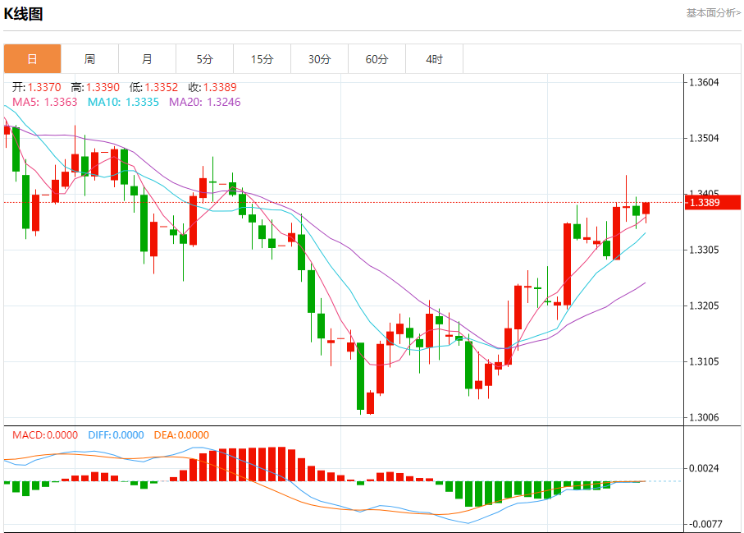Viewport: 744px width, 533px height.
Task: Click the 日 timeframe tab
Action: click(32, 59)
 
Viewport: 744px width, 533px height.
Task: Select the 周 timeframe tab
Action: click(89, 59)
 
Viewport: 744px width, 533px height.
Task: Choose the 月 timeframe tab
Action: click(147, 59)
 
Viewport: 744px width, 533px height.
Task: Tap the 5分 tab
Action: click(204, 59)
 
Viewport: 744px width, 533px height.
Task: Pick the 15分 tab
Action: click(262, 59)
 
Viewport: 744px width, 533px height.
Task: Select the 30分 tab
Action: click(319, 59)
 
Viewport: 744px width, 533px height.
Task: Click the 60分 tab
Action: click(377, 59)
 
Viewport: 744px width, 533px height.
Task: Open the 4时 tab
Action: click(434, 59)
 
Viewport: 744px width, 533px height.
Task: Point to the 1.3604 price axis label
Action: click(704, 82)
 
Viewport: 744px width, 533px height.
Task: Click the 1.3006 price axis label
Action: click(704, 418)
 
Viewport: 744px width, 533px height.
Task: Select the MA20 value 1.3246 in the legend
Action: click(223, 102)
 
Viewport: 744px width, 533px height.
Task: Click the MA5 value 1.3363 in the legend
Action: click(60, 102)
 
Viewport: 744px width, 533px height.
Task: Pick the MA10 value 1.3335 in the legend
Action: click(143, 102)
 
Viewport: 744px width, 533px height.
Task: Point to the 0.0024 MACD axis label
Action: click(704, 469)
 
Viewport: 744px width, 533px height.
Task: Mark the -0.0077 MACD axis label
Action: click(704, 523)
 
